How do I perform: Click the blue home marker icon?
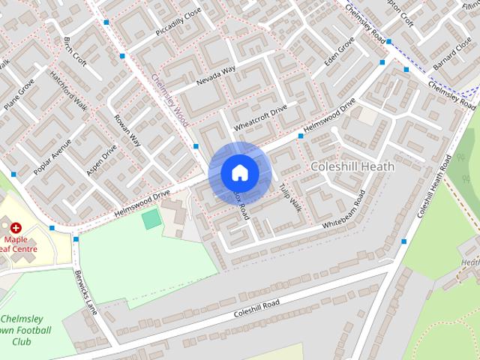[x=240, y=173]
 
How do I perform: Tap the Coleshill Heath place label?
[x=352, y=166]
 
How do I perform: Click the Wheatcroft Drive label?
[x=260, y=116]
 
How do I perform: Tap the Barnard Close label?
[x=453, y=55]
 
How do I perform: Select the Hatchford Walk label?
[x=69, y=90]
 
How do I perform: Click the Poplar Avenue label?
[x=52, y=157]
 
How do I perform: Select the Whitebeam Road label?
[x=343, y=209]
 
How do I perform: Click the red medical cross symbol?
[x=16, y=226]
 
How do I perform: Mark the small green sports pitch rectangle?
[x=151, y=219]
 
